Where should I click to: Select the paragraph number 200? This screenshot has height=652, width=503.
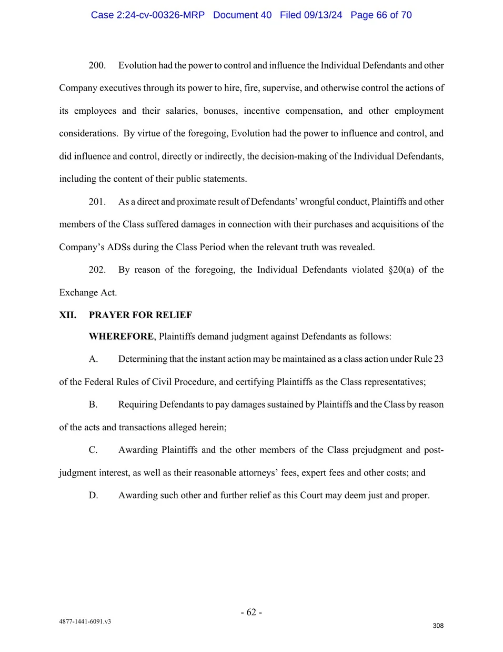[97, 65]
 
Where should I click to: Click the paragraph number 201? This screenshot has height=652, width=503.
[97, 202]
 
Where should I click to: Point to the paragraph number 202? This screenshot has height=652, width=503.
[97, 270]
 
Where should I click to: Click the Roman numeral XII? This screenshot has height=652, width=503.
[67, 315]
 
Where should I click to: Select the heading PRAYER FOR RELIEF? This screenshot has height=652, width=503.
[140, 315]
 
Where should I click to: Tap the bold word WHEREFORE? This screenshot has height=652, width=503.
[121, 337]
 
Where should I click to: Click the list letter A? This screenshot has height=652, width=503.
[93, 359]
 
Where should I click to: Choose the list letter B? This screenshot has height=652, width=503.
[93, 404]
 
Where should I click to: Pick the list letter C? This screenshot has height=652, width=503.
[93, 450]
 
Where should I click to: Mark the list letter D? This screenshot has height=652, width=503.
[93, 496]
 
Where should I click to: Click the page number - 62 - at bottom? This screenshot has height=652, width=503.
[252, 612]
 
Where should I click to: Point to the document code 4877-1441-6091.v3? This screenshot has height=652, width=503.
[85, 621]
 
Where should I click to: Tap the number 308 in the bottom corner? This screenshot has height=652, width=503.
[438, 626]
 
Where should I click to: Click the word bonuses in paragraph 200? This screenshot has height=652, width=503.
[220, 111]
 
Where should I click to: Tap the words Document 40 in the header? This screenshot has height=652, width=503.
[242, 15]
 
